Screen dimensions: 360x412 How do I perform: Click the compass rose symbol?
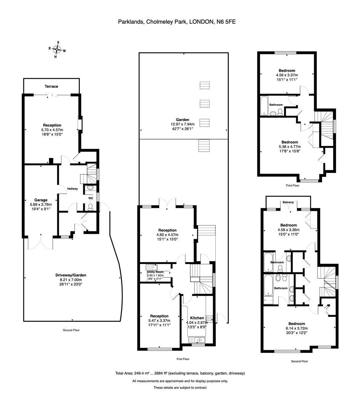[x=57, y=49]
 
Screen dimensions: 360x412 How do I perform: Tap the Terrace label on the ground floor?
[x=51, y=87]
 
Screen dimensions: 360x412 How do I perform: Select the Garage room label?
[x=41, y=200]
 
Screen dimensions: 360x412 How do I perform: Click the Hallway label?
[x=72, y=189]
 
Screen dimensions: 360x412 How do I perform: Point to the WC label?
[x=90, y=198]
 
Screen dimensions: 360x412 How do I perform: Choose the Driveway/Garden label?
[x=71, y=275]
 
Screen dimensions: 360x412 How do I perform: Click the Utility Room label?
[x=155, y=272]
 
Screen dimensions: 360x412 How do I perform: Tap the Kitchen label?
[x=197, y=318]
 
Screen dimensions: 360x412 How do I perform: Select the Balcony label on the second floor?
[x=288, y=202]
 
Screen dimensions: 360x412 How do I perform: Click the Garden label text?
[x=182, y=120]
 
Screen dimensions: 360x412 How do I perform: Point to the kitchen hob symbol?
[x=209, y=319]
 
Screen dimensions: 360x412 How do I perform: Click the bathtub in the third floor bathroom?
[x=264, y=106]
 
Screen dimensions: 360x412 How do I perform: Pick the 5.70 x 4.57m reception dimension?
[x=52, y=130]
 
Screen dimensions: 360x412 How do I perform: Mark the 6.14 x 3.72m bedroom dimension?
[x=297, y=328]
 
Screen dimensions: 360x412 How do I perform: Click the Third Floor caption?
[x=292, y=185]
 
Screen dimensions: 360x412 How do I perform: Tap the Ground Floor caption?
[x=71, y=330]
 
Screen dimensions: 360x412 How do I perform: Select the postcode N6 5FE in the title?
[x=226, y=22]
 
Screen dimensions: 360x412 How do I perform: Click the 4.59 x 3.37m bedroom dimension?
[x=287, y=75]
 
